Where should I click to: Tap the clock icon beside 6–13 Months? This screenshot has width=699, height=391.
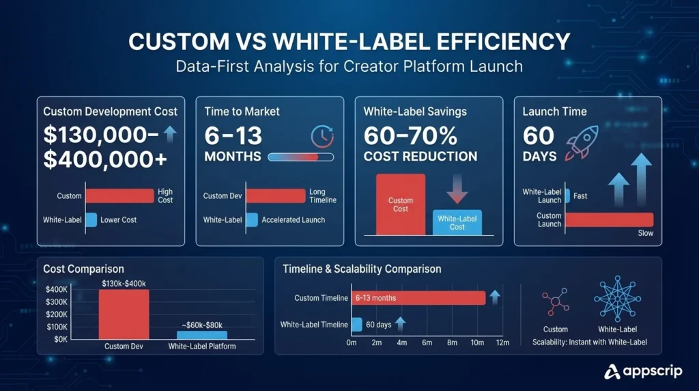tap(322, 136)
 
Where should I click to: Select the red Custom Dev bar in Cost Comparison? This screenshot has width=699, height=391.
tap(124, 314)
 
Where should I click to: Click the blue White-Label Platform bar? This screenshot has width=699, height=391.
tap(202, 335)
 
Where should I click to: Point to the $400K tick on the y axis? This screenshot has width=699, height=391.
tap(57, 290)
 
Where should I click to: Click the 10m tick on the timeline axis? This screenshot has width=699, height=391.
tap(476, 342)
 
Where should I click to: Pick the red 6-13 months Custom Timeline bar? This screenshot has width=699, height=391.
tap(418, 298)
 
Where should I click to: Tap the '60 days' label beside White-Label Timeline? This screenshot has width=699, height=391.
tap(379, 325)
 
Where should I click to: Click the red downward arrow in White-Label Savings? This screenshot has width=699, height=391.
tap(457, 188)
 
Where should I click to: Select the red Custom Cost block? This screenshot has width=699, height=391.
tap(401, 204)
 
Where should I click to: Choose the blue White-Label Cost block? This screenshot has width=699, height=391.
tap(457, 223)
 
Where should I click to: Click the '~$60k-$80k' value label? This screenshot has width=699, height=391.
tap(201, 324)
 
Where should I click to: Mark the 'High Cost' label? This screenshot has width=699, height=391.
tap(165, 196)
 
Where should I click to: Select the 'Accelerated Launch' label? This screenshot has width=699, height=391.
tap(294, 220)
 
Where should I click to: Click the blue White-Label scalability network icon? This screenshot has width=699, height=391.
tap(617, 299)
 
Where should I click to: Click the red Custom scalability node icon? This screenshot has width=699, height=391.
tap(555, 302)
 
